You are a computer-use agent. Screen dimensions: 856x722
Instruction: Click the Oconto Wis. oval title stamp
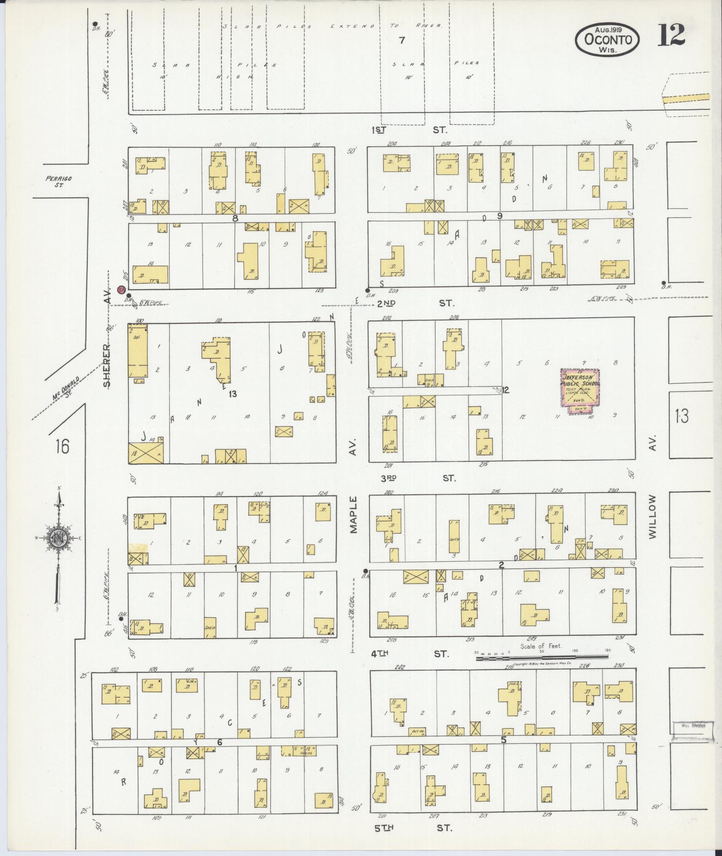point(607,39)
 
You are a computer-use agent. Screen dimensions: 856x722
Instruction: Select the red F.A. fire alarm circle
point(121,290)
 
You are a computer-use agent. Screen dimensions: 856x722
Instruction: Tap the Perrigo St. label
point(59,181)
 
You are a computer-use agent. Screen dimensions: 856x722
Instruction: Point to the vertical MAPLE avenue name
point(355,515)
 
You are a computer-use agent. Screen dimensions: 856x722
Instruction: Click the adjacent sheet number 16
point(62,446)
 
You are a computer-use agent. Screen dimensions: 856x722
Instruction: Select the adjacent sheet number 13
point(682,417)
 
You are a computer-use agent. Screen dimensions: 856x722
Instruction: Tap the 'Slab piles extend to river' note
point(332,26)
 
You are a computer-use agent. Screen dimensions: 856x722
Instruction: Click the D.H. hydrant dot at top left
point(95,24)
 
